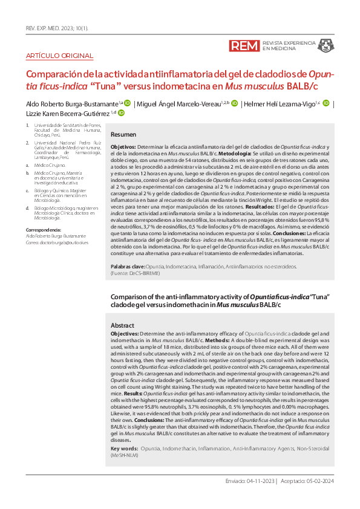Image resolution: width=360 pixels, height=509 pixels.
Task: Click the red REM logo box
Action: click(x=244, y=46)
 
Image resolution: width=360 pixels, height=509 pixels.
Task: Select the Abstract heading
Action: click(x=122, y=325)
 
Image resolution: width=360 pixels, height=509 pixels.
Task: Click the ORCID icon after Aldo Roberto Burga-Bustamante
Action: click(x=127, y=103)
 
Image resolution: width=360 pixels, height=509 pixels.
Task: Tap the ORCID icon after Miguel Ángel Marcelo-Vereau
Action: click(x=234, y=103)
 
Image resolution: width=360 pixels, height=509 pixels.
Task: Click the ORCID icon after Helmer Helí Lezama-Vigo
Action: click(x=327, y=103)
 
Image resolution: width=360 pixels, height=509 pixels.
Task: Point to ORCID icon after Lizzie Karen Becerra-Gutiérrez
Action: click(x=120, y=113)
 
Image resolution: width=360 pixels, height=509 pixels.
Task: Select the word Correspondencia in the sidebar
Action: click(x=44, y=230)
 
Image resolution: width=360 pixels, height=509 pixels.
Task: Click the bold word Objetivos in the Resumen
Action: click(x=123, y=148)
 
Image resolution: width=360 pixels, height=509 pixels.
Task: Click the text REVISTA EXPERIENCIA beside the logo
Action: click(x=289, y=43)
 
